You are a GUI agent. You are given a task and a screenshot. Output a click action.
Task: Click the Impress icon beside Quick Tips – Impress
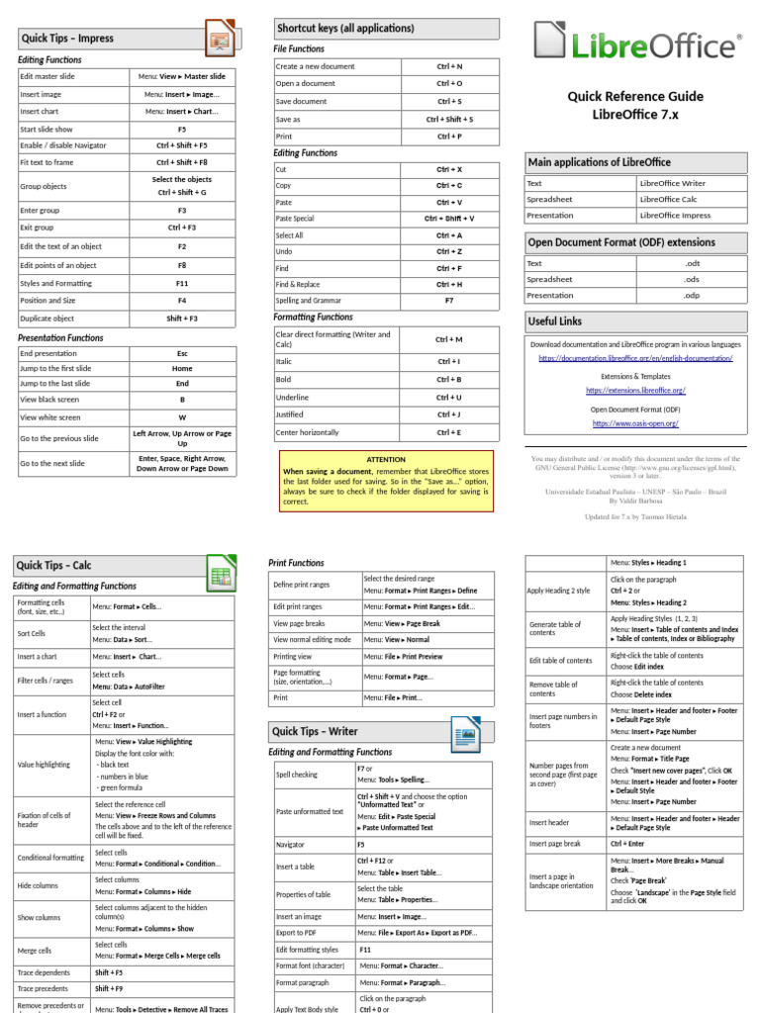pyautogui.click(x=219, y=40)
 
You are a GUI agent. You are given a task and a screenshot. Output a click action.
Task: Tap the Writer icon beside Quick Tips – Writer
pyautogui.click(x=465, y=733)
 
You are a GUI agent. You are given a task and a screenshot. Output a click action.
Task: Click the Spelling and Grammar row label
pyautogui.click(x=308, y=300)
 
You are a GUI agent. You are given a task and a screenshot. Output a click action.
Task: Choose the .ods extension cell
pyautogui.click(x=692, y=279)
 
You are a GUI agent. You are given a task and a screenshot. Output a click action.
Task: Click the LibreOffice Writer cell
pyautogui.click(x=673, y=183)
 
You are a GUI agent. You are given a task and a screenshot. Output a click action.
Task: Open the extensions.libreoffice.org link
pyautogui.click(x=635, y=391)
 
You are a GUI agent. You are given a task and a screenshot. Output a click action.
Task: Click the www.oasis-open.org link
pyautogui.click(x=635, y=423)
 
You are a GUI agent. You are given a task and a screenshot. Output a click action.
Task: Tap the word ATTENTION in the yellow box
pyautogui.click(x=386, y=460)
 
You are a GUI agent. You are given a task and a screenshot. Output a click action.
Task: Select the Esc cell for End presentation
pyautogui.click(x=182, y=353)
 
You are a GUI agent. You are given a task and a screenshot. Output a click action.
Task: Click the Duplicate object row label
pyautogui.click(x=47, y=319)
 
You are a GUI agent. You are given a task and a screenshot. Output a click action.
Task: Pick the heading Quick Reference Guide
pyautogui.click(x=635, y=96)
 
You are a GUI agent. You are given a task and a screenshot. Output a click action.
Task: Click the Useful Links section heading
pyautogui.click(x=555, y=322)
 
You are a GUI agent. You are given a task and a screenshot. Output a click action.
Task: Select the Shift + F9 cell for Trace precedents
pyautogui.click(x=109, y=988)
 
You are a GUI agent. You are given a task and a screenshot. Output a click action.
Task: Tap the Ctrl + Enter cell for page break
pyautogui.click(x=627, y=844)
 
